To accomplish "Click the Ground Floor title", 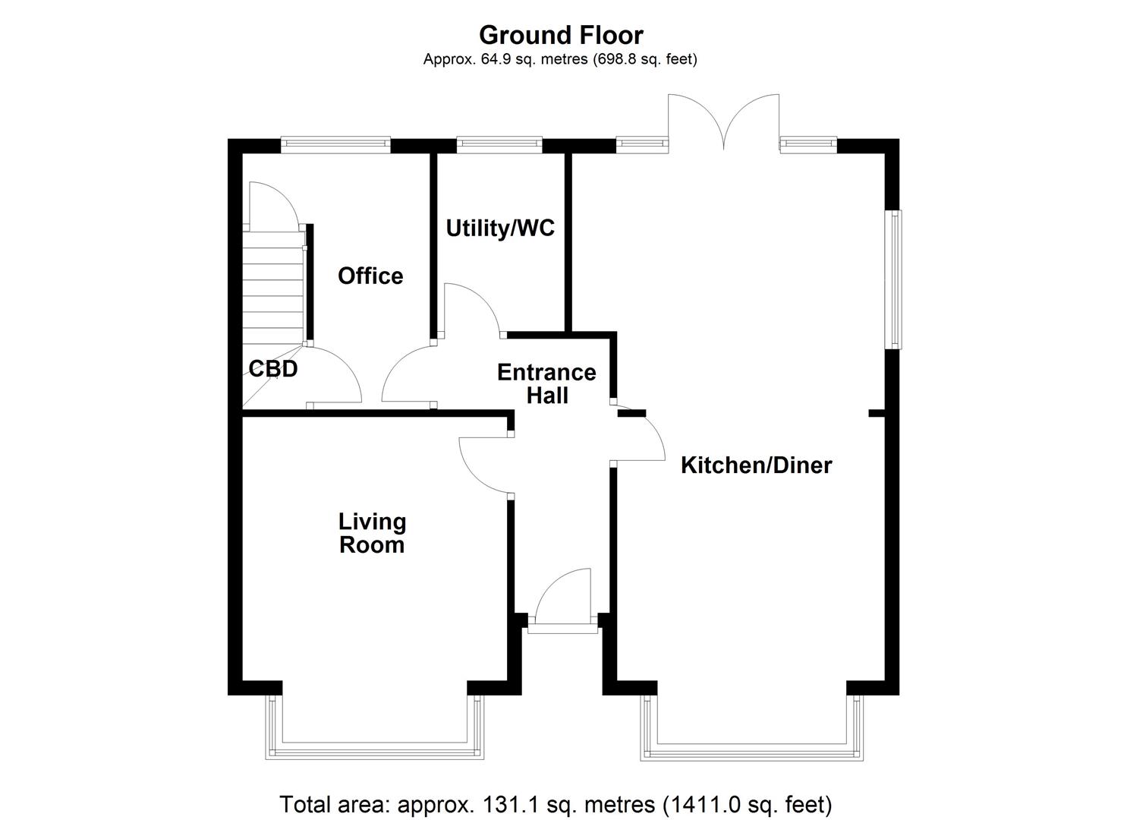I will click(x=561, y=35).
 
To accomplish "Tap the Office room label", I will click(x=370, y=276).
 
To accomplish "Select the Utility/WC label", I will click(x=500, y=228).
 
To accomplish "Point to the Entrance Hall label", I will click(x=546, y=383).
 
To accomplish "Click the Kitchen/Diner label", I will click(x=756, y=465).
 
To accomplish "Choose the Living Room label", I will click(x=372, y=533).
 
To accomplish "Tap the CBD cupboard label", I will click(x=273, y=369).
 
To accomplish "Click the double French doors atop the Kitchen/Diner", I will click(x=723, y=121).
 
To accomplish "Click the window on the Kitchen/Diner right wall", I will click(x=896, y=279).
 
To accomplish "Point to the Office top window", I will click(x=335, y=142).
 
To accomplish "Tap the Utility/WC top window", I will click(x=499, y=142).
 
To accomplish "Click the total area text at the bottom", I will click(x=556, y=804).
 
